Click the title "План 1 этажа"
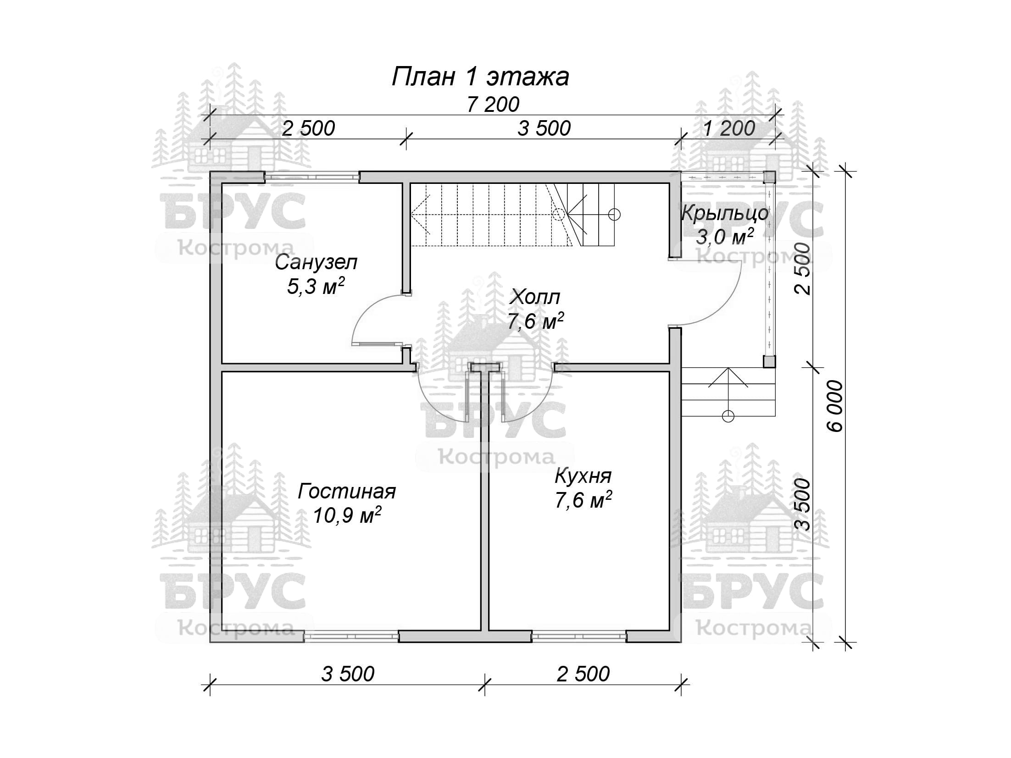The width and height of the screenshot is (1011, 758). coord(480,77)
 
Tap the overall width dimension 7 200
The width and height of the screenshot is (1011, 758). coord(493,105)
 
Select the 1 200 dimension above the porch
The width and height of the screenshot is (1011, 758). coord(729,128)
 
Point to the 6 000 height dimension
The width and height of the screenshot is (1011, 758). coord(836,406)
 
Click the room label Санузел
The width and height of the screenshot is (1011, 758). coord(316,263)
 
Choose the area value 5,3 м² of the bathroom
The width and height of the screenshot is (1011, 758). coord(316,287)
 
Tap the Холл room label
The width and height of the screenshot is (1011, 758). coord(535,297)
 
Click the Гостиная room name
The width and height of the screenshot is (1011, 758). coord(347,492)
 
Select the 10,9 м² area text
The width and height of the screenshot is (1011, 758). coord(347,515)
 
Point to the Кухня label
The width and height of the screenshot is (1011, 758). coord(583,476)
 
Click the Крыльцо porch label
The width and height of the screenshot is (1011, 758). coord(725,214)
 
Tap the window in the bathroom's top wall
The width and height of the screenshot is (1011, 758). coord(311,177)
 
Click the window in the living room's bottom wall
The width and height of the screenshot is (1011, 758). coord(351,636)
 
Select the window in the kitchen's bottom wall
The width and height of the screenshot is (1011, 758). coord(579,636)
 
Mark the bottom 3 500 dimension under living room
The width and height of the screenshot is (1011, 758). coord(348,674)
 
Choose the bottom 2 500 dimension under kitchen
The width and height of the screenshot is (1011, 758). coord(583,674)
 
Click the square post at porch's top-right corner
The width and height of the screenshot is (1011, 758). coord(769,177)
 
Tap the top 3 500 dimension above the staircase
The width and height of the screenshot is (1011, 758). coord(544,128)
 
